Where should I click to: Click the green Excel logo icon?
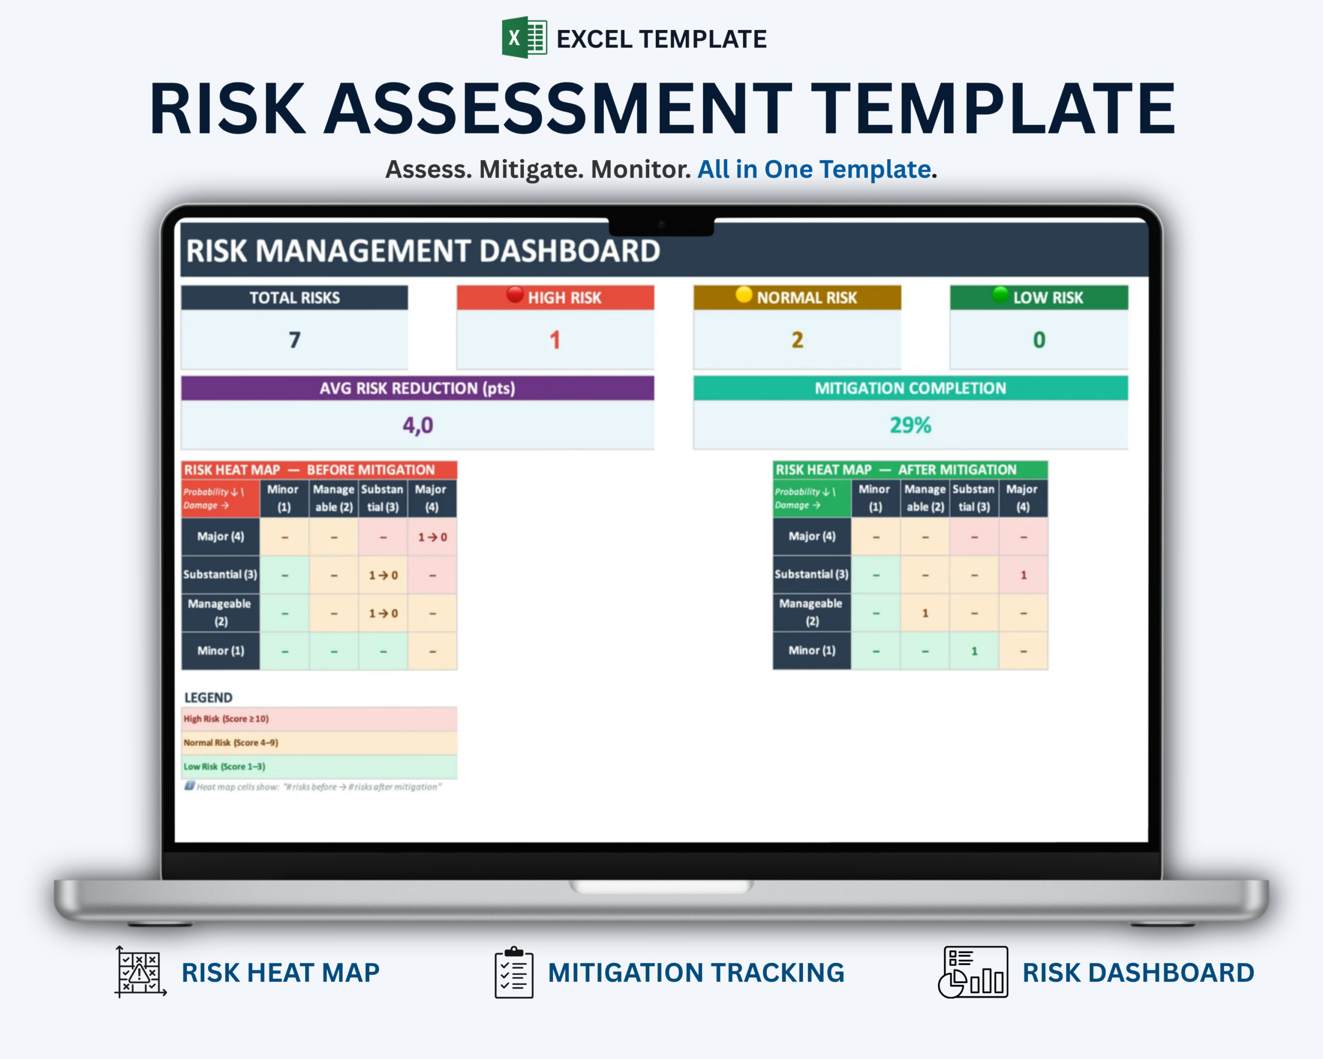click(524, 37)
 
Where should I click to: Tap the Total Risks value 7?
click(295, 340)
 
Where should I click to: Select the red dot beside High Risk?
click(515, 295)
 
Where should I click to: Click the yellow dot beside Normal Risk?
click(744, 295)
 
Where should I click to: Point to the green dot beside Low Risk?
click(1000, 295)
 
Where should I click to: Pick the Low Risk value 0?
click(1039, 340)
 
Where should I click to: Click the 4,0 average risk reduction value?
click(418, 425)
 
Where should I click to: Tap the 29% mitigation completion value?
click(911, 425)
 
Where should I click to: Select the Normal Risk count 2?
click(797, 340)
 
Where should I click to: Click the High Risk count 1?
click(555, 340)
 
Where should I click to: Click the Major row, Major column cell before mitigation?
click(433, 537)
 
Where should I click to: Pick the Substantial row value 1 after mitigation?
click(1024, 575)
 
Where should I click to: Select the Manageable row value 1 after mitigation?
click(926, 613)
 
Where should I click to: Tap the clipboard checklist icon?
click(514, 973)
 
